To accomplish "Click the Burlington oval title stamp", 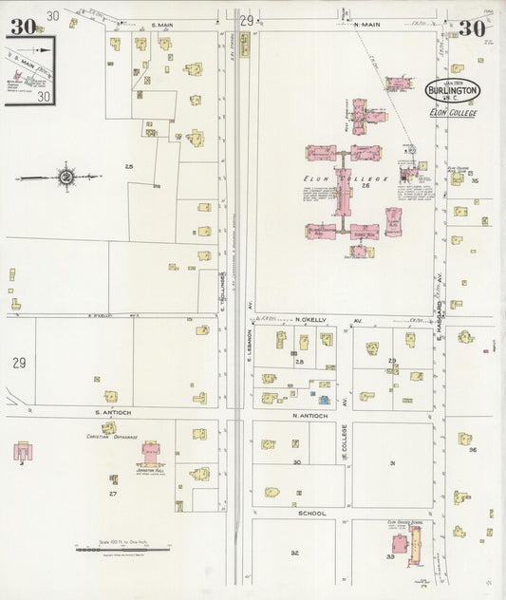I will [453, 90].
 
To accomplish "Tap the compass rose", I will [66, 177].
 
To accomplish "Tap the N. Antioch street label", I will [309, 416].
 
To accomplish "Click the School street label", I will [311, 513].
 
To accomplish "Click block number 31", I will [391, 463].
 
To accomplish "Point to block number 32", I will [294, 552].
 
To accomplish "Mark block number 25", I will [128, 167].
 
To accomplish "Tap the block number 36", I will [472, 450].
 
